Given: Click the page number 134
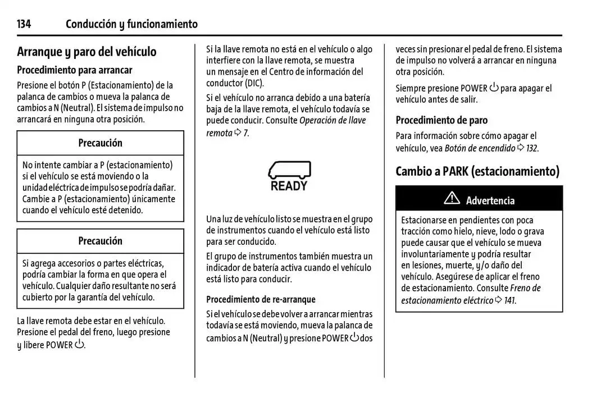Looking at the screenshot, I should (24, 24).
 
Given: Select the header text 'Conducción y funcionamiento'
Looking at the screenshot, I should (131, 24).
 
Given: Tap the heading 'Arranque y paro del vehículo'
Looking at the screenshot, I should (86, 52).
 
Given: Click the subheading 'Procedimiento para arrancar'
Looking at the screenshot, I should (75, 70).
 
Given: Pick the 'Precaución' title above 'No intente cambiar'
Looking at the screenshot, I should (100, 143).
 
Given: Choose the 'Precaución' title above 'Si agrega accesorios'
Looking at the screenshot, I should (100, 241).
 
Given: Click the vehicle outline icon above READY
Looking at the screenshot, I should (289, 170).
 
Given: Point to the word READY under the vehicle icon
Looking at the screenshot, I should (289, 186).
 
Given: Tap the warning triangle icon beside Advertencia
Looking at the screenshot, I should (451, 198).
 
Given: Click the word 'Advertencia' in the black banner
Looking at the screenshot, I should (490, 200).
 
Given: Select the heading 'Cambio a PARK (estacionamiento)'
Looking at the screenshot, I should (477, 171).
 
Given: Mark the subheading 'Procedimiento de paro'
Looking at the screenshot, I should (441, 120).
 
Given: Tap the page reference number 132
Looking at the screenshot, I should (532, 148).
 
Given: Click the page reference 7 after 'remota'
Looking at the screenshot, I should (246, 133).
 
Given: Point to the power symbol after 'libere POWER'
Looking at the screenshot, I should (79, 344).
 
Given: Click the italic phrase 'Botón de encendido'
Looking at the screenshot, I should (480, 148).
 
